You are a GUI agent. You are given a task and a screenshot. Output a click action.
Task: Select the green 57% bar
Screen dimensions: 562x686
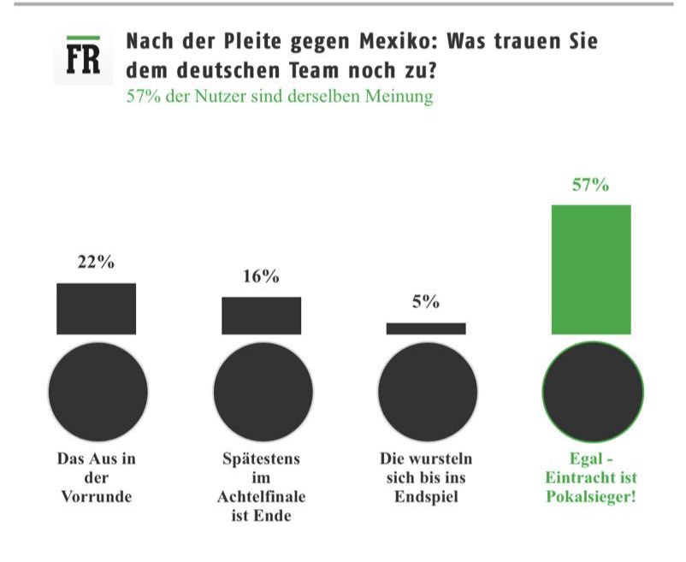pyautogui.click(x=591, y=269)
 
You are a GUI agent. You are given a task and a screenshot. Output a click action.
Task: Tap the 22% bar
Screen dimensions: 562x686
pyautogui.click(x=96, y=308)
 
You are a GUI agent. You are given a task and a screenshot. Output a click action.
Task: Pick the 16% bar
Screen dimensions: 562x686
pyautogui.click(x=261, y=315)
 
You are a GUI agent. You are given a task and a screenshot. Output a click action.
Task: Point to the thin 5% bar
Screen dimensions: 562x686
pyautogui.click(x=426, y=328)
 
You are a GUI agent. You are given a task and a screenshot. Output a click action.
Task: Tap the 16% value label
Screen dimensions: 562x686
pyautogui.click(x=261, y=276)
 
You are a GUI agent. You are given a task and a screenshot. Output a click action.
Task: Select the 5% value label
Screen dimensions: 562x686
pyautogui.click(x=426, y=302)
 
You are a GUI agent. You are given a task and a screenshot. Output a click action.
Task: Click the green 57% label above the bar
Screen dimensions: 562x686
pyautogui.click(x=591, y=185)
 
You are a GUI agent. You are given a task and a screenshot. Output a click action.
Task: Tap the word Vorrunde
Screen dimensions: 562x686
pyautogui.click(x=97, y=496)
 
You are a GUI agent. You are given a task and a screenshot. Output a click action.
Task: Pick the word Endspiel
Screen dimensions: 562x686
pyautogui.click(x=426, y=496)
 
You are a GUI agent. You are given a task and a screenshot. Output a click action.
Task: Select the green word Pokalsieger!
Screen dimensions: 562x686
pyautogui.click(x=591, y=496)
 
